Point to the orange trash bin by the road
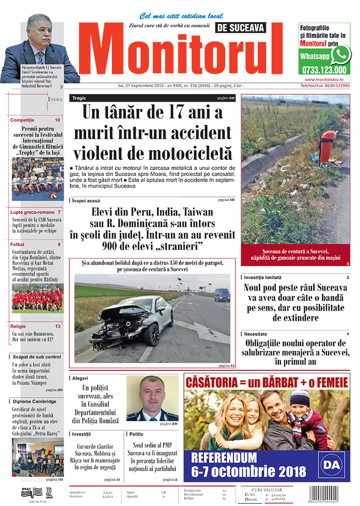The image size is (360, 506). click(327, 145)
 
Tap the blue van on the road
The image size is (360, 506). click(221, 294)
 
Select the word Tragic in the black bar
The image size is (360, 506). click(79, 98)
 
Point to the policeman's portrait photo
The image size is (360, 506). click(152, 399)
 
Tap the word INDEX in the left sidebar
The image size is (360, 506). click(55, 100)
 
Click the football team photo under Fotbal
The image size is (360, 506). click(37, 299)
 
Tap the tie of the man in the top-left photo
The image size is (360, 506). click(40, 56)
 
